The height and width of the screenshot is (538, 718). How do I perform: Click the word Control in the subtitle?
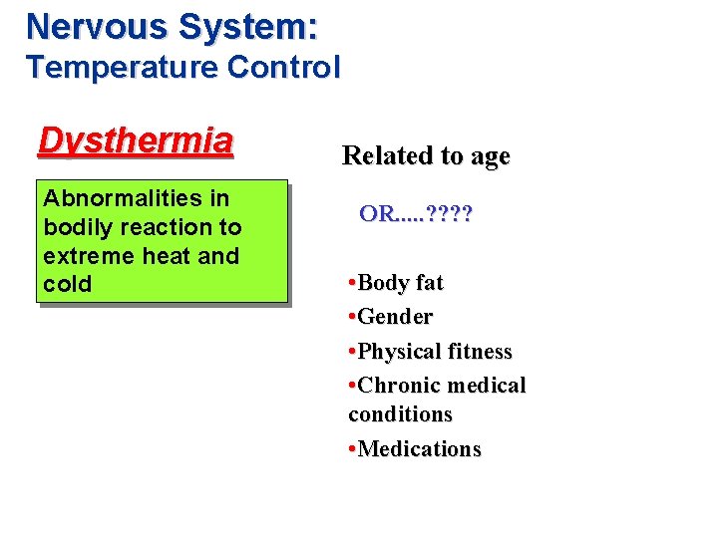[x=283, y=68]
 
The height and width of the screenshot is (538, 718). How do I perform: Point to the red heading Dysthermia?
[x=135, y=141]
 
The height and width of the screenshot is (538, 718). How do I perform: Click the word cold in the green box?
[x=67, y=284]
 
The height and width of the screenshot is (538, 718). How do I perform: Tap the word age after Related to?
[x=490, y=156]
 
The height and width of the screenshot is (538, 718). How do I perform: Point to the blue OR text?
[x=378, y=213]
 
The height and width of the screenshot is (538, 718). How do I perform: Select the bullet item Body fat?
[x=400, y=283]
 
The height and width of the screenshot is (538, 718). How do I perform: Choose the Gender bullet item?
[x=395, y=317]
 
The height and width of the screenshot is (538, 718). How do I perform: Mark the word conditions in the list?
[x=400, y=413]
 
